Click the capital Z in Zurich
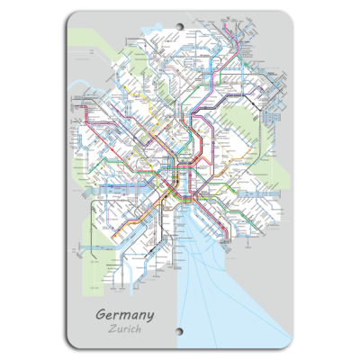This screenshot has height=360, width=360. click(109, 329)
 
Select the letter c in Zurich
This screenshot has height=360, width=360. click(134, 330)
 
